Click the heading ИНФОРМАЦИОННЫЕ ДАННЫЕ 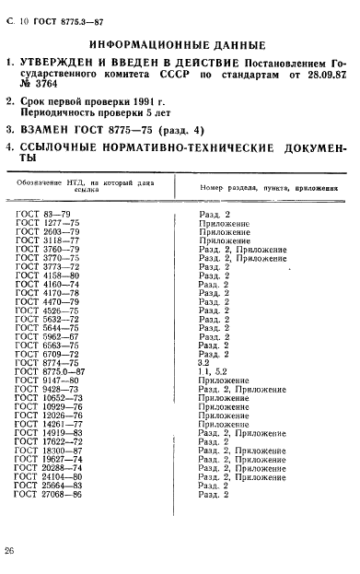178,44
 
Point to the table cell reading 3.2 204,362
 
